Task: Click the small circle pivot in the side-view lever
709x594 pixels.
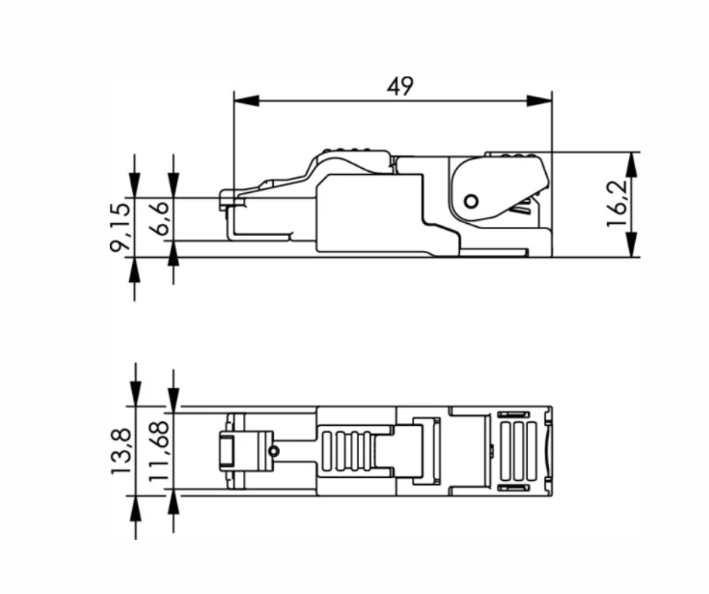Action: point(471,201)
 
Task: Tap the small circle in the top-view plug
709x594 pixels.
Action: point(274,451)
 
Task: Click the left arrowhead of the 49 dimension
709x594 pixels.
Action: point(246,100)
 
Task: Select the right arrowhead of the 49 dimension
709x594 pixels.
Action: point(540,100)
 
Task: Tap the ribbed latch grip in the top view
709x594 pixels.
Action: point(348,451)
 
